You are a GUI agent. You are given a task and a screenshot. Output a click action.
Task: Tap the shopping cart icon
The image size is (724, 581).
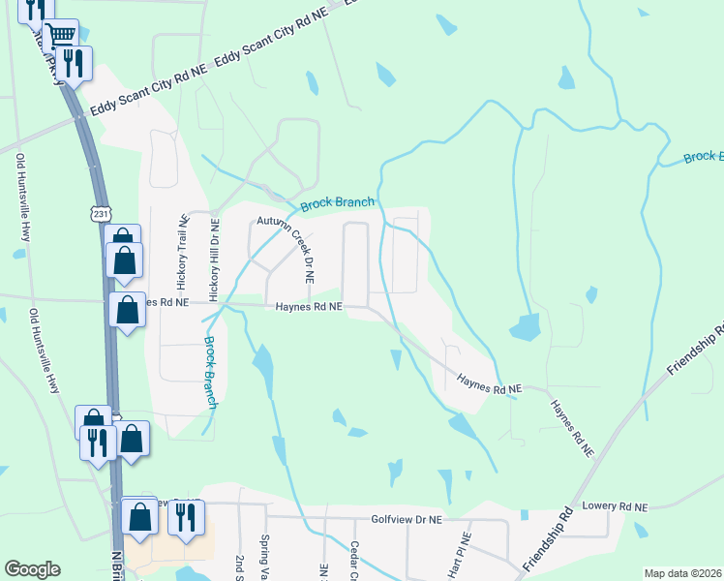[60, 37]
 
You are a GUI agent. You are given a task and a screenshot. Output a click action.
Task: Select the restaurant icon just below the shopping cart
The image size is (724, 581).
[74, 63]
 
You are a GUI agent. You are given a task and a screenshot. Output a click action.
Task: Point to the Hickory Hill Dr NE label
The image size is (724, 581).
[215, 256]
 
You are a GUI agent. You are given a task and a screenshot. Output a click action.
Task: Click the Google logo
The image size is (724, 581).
[32, 569]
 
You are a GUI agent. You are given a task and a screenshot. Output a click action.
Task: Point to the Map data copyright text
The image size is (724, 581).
[682, 573]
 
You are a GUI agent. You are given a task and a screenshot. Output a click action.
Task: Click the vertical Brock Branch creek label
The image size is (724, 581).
[210, 372]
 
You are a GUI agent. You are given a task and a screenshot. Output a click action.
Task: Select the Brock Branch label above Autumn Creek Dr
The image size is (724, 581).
[337, 203]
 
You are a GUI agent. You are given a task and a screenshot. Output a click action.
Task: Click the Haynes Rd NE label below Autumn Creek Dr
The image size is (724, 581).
[309, 306]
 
